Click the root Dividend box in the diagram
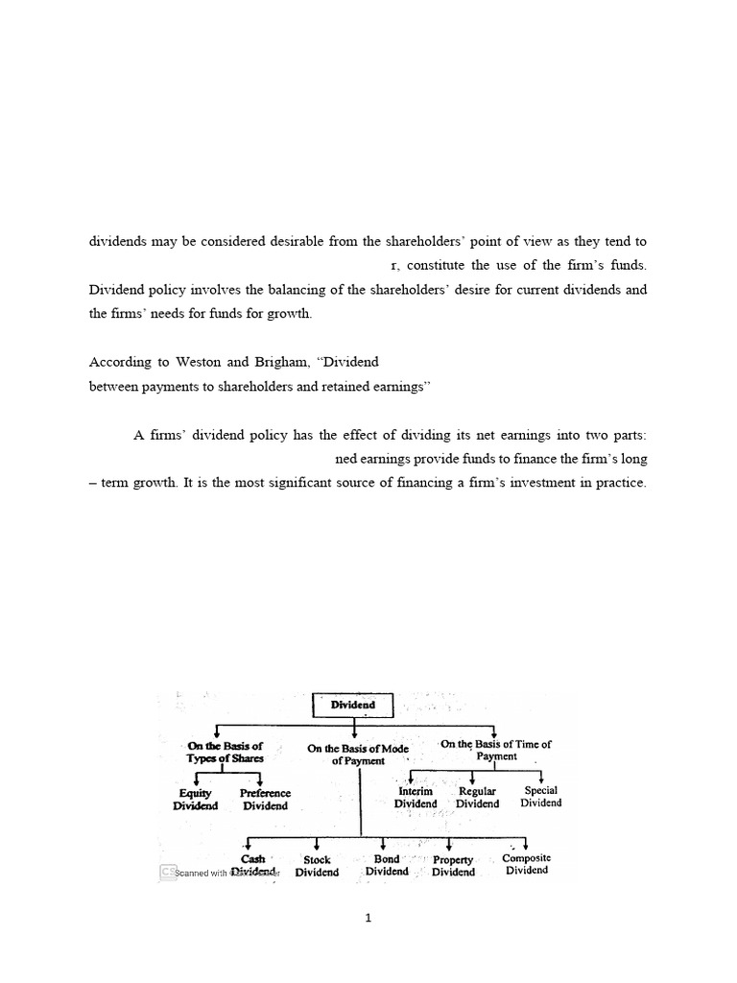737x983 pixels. [353, 705]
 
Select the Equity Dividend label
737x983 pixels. [196, 800]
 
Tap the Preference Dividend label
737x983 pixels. [265, 800]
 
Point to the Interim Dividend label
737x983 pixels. [416, 797]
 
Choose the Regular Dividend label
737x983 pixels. [477, 797]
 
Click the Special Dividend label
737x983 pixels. [541, 796]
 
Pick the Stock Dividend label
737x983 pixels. [317, 866]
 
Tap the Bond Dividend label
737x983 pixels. [387, 865]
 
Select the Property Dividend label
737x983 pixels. [453, 866]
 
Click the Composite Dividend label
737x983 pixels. [527, 864]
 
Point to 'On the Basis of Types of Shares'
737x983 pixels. [226, 752]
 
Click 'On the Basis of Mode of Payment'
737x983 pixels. [357, 755]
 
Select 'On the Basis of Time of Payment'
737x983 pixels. [496, 750]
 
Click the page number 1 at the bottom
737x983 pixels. [368, 918]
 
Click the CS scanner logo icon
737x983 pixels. [167, 872]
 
